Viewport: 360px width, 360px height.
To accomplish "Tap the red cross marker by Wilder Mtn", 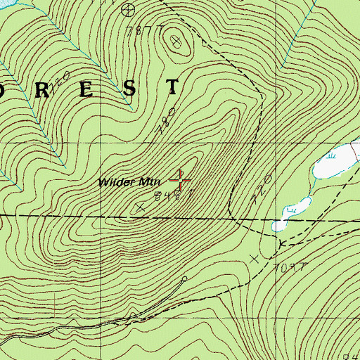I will pos(181,180).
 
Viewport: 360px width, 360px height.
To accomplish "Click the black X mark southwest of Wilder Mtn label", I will pos(139,207).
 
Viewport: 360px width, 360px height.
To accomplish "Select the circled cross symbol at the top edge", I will pos(127,9).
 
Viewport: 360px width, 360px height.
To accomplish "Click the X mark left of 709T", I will pos(253,259).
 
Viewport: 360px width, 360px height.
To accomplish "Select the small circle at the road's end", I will pos(184,278).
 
